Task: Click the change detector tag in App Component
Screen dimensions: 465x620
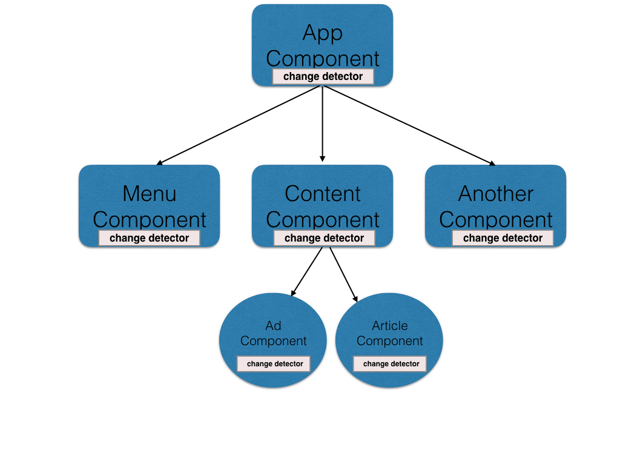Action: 323,76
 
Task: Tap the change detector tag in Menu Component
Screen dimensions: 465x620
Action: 149,238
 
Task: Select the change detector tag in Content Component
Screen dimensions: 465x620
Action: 324,238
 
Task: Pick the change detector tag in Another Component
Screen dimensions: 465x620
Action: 503,238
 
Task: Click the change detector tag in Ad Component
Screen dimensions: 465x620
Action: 274,364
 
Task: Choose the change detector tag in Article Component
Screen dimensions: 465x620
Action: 391,364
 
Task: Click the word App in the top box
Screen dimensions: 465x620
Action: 322,33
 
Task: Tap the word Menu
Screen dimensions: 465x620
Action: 149,194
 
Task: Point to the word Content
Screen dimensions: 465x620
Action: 322,194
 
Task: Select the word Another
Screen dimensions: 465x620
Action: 495,194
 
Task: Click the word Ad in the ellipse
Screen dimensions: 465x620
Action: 274,326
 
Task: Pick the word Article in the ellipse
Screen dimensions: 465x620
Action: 389,326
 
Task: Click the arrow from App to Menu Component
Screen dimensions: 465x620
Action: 239,125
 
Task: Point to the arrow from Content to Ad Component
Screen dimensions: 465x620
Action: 307,271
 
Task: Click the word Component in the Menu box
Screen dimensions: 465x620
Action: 149,220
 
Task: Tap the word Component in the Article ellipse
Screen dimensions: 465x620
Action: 389,341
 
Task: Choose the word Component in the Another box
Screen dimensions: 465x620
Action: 495,220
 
